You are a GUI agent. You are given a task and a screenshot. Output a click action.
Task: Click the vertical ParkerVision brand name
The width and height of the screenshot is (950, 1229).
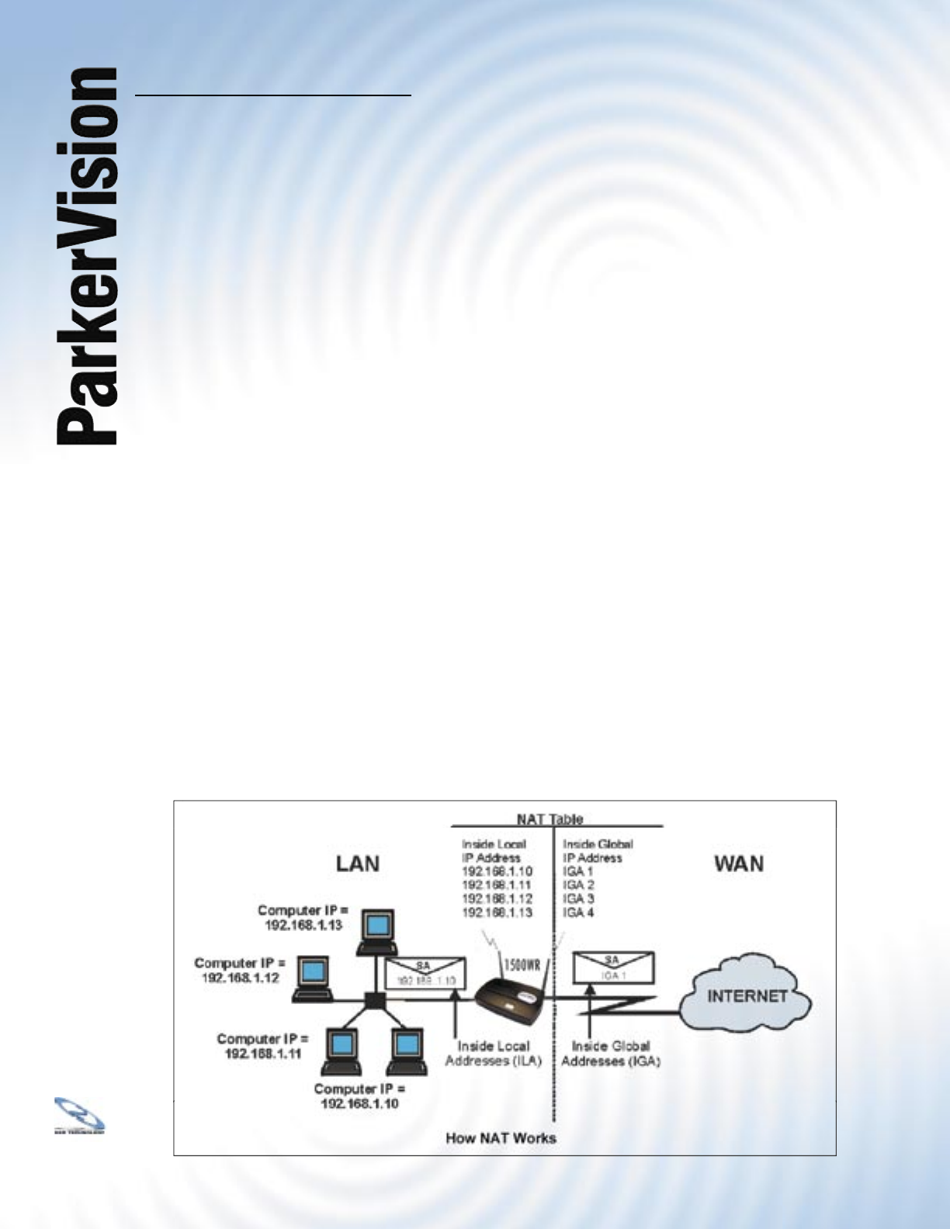click(87, 256)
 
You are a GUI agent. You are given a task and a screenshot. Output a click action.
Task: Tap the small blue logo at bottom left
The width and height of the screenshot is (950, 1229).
click(79, 1115)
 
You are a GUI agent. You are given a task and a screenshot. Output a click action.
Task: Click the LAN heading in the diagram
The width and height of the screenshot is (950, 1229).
click(358, 864)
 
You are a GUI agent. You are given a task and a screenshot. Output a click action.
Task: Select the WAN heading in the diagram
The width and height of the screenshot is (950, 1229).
click(738, 864)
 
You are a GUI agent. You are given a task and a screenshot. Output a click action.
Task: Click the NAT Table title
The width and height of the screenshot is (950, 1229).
click(550, 819)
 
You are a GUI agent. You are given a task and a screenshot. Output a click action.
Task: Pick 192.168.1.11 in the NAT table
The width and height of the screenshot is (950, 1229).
click(497, 885)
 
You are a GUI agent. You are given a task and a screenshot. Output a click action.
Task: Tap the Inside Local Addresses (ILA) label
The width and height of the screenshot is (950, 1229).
click(493, 1053)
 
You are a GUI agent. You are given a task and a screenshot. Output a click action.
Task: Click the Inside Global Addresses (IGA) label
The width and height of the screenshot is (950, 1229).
click(610, 1053)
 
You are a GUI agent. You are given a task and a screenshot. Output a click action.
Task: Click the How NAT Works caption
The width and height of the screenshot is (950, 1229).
click(501, 1138)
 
